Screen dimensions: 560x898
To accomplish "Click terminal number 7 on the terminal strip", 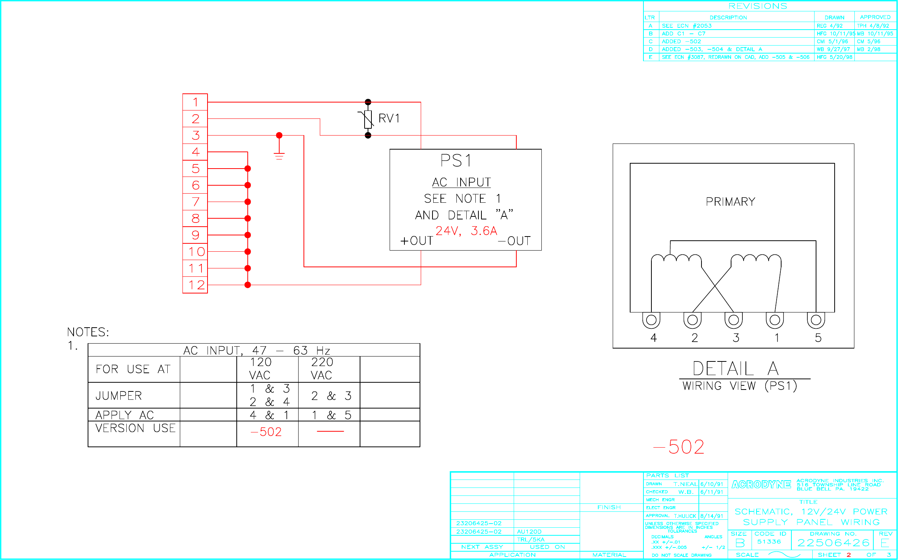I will [x=195, y=202].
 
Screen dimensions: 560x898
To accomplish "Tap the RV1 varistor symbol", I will [x=368, y=119].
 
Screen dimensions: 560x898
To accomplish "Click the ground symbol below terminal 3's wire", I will [x=279, y=155].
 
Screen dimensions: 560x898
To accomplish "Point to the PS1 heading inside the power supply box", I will [x=456, y=161].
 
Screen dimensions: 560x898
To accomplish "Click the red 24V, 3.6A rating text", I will [x=466, y=231].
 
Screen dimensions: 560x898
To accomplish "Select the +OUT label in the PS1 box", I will [x=417, y=241].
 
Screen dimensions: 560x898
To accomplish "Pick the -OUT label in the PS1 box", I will [x=514, y=241].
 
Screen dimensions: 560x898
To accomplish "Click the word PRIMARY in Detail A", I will [x=730, y=202].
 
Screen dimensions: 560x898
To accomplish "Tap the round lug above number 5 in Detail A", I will [x=816, y=320].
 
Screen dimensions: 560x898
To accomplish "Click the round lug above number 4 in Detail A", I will [x=651, y=320].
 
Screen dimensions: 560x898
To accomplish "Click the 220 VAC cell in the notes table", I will [x=322, y=369].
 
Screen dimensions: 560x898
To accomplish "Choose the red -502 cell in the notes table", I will [x=266, y=432].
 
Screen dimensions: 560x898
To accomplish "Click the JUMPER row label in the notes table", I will [x=119, y=396].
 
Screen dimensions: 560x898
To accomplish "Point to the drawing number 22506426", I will [x=833, y=543].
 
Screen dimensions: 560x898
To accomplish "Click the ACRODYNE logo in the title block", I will [x=761, y=484].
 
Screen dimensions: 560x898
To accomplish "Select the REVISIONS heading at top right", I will [x=758, y=6].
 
